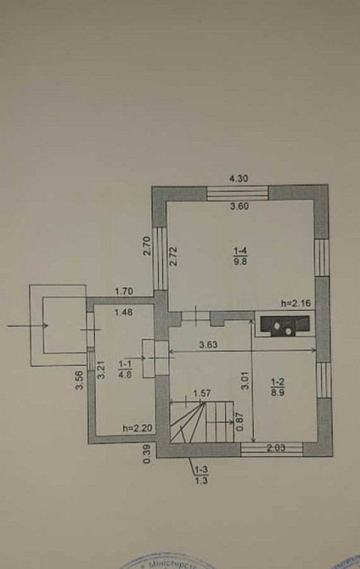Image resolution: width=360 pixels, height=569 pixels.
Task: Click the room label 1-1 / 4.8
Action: [x=124, y=368]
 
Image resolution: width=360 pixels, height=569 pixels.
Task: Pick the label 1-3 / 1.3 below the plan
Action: [x=200, y=476]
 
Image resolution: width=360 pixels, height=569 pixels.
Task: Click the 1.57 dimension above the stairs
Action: [x=201, y=394]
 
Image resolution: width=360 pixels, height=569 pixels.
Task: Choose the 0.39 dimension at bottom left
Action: [x=147, y=454]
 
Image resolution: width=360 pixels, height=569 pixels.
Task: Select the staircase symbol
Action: [x=201, y=421]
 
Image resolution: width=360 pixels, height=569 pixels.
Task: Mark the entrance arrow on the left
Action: [x=25, y=324]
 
